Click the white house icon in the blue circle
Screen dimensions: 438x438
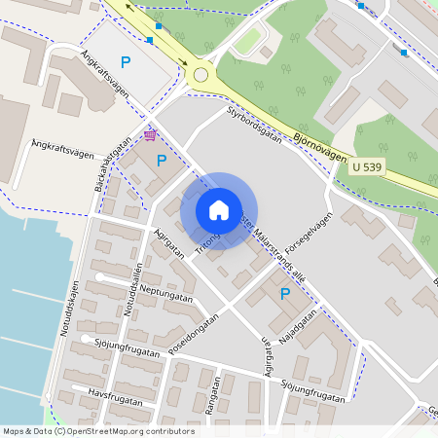[219, 210]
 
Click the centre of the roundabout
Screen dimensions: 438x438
[201, 74]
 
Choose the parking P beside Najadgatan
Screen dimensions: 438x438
[285, 293]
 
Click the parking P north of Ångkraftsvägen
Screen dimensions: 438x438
[126, 62]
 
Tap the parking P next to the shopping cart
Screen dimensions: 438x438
[162, 161]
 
